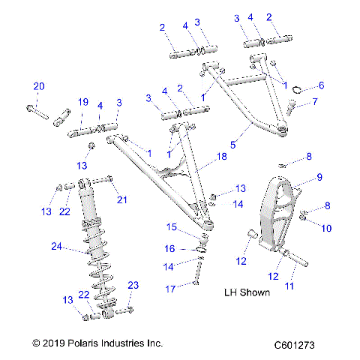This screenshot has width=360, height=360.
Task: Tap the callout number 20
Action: coord(39,85)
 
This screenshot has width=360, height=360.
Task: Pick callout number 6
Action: coord(321,85)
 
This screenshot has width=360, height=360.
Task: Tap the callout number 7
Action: coord(315,102)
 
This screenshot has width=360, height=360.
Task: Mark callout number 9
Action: coord(319,178)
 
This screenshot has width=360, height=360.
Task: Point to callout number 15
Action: coord(171,226)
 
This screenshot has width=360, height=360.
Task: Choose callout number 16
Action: coord(170,248)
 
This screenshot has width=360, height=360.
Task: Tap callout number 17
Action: coord(171,288)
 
